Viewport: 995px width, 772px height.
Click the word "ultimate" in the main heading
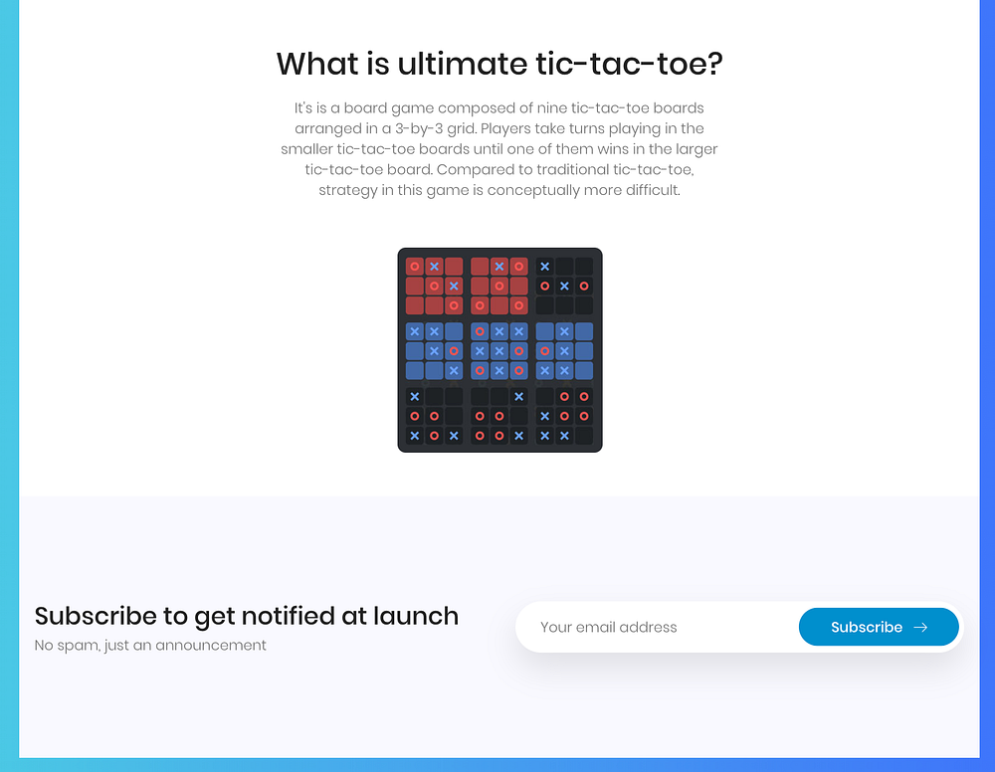coord(463,64)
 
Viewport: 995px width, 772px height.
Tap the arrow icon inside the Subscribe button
coord(920,627)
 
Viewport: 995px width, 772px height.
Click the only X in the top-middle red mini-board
coord(499,267)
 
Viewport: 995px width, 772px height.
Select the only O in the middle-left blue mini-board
coord(454,351)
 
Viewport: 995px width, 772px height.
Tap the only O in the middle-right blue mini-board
coord(544,351)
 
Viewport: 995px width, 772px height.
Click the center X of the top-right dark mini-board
coord(564,287)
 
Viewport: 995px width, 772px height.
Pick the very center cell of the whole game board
coord(499,351)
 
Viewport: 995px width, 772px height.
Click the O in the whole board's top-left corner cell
coord(414,267)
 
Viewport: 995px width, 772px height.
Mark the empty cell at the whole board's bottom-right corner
coord(584,436)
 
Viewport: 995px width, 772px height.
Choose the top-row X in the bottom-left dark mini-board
coord(414,397)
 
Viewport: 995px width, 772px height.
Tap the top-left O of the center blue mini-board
coord(480,331)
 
